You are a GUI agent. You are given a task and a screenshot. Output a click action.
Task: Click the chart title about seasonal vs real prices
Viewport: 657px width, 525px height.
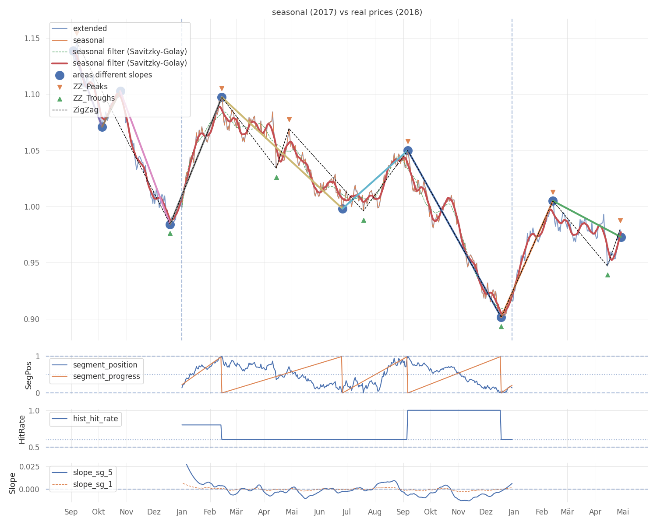347,12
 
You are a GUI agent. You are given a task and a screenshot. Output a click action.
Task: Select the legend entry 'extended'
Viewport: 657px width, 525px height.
90,28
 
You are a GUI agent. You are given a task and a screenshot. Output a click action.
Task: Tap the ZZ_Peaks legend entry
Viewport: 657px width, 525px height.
90,87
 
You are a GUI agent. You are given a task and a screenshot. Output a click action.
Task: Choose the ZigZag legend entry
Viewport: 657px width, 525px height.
85,110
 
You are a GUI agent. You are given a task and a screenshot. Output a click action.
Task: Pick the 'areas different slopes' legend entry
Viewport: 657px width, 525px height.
112,75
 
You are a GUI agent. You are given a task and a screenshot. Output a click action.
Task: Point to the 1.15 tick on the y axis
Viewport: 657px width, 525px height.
32,38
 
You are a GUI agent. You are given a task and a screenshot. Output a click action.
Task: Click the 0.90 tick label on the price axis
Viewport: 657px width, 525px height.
32,319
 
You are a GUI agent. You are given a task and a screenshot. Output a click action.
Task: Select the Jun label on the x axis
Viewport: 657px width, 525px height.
319,512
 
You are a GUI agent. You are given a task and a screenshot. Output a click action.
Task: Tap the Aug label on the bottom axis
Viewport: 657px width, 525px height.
374,512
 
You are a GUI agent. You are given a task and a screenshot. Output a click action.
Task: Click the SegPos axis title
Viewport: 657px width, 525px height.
29,375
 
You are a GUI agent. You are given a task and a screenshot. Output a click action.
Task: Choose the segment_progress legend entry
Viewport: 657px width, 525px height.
106,376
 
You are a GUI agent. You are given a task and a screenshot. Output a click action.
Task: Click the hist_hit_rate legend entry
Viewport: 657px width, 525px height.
95,419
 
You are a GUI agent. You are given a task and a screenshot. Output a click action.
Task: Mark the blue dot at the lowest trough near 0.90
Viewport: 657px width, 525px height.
501,317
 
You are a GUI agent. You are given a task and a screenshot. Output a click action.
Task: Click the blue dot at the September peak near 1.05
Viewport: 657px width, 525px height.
408,150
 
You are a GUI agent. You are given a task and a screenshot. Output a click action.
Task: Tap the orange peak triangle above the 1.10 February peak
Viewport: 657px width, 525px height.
222,88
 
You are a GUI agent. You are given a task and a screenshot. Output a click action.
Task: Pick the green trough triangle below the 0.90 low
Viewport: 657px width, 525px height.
501,326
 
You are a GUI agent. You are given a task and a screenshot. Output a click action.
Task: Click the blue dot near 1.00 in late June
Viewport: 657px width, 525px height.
343,209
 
